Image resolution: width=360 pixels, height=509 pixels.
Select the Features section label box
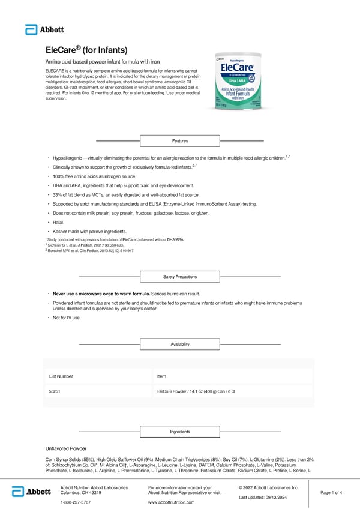tap(180, 141)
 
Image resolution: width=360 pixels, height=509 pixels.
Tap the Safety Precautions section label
tap(180, 277)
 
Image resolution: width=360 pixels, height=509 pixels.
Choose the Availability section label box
tap(180, 344)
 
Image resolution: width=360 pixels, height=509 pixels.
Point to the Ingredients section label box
tap(180, 432)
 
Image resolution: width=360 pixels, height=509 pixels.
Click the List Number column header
tap(61, 376)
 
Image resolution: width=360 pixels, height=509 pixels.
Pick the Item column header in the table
tap(161, 376)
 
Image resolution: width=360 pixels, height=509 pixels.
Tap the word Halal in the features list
tap(58, 222)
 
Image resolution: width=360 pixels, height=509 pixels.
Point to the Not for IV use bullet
tap(67, 317)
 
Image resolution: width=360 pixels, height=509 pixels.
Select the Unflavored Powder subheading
tap(66, 448)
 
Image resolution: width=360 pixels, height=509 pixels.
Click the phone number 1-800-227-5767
tap(76, 502)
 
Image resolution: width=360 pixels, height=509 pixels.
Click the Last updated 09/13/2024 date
tap(269, 498)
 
